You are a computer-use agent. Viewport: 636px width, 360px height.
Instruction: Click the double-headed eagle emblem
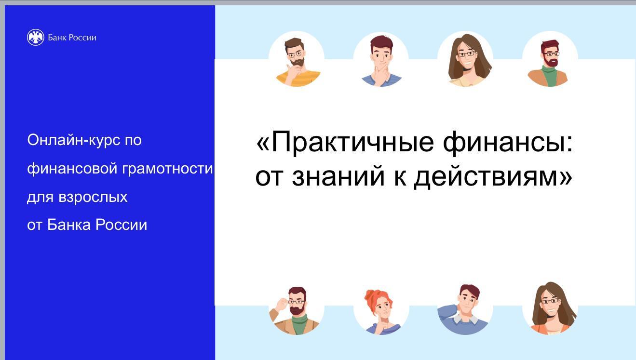pyautogui.click(x=36, y=38)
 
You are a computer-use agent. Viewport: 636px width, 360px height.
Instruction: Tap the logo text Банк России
pyautogui.click(x=72, y=38)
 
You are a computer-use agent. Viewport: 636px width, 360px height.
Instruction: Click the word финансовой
pyautogui.click(x=72, y=169)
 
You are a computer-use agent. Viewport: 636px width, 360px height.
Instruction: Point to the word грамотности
pyautogui.click(x=167, y=169)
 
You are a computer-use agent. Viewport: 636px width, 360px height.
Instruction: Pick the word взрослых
pyautogui.click(x=93, y=198)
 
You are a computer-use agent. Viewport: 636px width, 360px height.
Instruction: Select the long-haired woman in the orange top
pyautogui.click(x=551, y=308)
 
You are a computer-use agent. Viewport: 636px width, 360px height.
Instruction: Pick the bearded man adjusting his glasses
pyautogui.click(x=295, y=311)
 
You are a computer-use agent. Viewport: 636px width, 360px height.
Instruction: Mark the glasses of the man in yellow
pyautogui.click(x=295, y=54)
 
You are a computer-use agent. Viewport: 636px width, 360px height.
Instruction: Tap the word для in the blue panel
pyautogui.click(x=41, y=198)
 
